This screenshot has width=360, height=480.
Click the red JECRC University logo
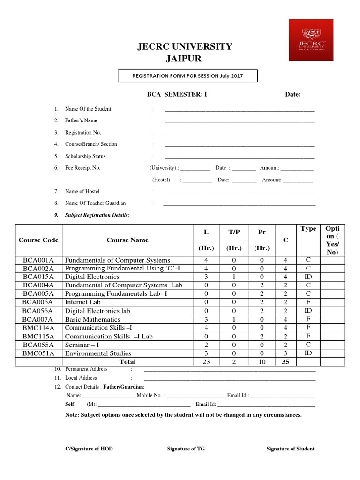[311, 40]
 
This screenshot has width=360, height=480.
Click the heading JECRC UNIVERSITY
[184, 46]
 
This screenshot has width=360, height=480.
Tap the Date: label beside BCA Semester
[293, 94]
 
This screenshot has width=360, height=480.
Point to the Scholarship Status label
[85, 156]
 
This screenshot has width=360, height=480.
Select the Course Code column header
[38, 240]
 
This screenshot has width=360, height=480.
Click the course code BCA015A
[38, 277]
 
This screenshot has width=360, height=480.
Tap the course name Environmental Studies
[98, 353]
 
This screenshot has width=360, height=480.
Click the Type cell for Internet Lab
[308, 302]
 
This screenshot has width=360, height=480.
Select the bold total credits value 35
[285, 362]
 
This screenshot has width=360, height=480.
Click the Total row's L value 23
[206, 362]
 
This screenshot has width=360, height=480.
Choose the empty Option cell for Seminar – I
[332, 345]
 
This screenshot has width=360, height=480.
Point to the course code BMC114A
[38, 328]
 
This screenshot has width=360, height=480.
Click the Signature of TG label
[186, 449]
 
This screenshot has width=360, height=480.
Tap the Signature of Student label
[290, 449]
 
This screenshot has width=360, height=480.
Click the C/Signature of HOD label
[89, 449]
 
